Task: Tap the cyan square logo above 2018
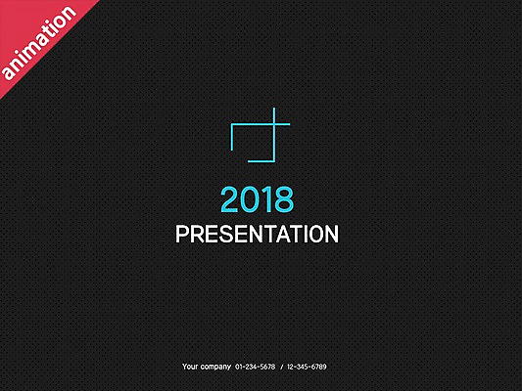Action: point(260,135)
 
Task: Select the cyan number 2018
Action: point(257,200)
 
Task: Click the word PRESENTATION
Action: point(257,235)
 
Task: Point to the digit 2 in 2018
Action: point(230,200)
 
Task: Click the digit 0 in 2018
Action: point(249,200)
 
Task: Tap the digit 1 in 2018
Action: point(265,200)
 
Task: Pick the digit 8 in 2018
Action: point(283,200)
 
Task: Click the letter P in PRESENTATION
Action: point(182,235)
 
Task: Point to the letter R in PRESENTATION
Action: point(196,235)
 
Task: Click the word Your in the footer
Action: point(191,367)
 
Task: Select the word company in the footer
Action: point(216,367)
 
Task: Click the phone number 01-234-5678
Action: point(255,367)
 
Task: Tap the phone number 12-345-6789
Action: point(307,367)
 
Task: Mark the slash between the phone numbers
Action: point(281,367)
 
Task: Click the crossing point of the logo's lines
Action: point(275,124)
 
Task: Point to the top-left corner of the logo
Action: point(231,124)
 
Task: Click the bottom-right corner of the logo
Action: point(275,157)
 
